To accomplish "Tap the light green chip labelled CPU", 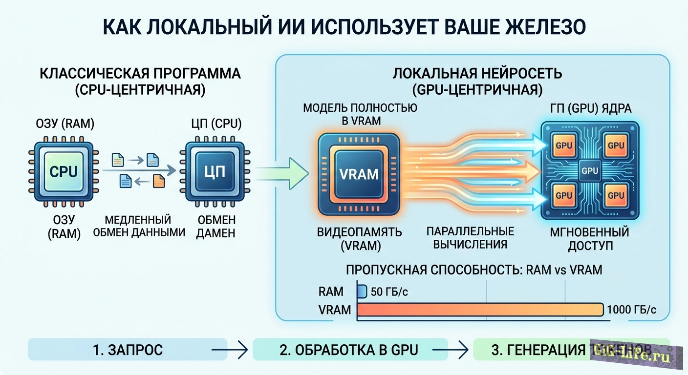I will pos(64,171).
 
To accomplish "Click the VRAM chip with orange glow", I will pos(359,174).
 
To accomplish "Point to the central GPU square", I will pos(590,171).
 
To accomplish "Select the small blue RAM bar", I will pos(362,292).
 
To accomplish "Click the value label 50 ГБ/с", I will pos(389,292).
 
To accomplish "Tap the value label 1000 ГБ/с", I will pos(631,310).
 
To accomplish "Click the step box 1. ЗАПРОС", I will pos(128,350).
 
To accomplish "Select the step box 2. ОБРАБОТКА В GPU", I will pos(350,350).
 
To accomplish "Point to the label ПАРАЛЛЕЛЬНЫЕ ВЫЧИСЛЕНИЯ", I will pos(471,237).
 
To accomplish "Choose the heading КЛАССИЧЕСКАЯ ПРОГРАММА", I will pos(140,74).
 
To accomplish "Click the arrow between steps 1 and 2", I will pos(230,350).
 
